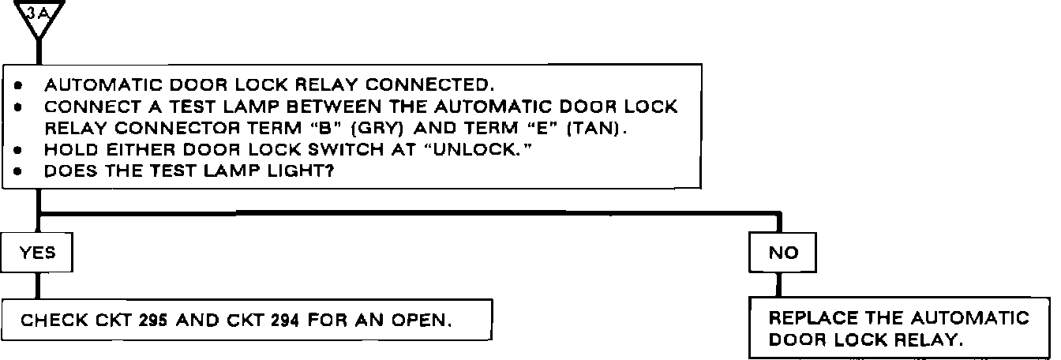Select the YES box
coord(38,253)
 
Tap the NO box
coord(783,253)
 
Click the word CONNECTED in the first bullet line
coord(430,84)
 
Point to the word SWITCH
coord(351,149)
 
